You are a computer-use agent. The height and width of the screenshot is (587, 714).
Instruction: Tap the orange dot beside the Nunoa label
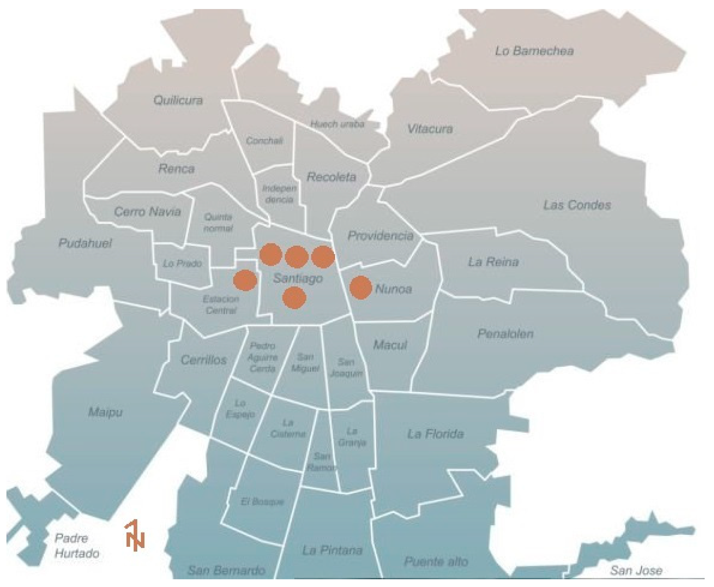click(x=360, y=288)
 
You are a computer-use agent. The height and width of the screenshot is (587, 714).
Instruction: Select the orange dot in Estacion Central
click(x=245, y=280)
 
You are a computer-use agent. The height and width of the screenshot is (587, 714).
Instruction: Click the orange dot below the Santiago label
click(x=294, y=298)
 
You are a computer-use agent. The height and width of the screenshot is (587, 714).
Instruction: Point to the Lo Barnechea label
click(x=534, y=51)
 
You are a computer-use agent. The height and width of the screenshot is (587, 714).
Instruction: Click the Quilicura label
click(x=178, y=100)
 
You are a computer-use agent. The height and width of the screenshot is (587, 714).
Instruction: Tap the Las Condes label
click(x=577, y=205)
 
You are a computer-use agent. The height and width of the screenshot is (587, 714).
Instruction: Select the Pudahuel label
click(x=85, y=243)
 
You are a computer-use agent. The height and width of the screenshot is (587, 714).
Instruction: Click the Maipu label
click(x=105, y=412)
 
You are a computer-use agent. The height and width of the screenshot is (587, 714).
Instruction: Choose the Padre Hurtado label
click(x=77, y=546)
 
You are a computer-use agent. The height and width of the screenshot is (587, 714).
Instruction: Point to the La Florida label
click(x=435, y=434)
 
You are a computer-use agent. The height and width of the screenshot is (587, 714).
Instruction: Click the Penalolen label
click(x=505, y=334)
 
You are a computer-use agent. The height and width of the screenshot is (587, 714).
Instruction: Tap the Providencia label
click(x=380, y=235)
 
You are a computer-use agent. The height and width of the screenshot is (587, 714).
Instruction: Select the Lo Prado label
click(x=182, y=263)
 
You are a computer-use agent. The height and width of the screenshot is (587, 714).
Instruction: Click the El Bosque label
click(x=262, y=502)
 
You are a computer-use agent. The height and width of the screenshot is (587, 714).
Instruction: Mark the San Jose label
click(x=636, y=571)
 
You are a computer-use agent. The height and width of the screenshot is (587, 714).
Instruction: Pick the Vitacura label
click(x=430, y=129)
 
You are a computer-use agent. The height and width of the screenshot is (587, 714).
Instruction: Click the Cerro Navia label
click(x=147, y=212)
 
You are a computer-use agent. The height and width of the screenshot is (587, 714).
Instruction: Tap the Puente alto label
click(x=436, y=562)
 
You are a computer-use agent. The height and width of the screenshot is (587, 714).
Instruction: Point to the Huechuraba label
click(x=337, y=124)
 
